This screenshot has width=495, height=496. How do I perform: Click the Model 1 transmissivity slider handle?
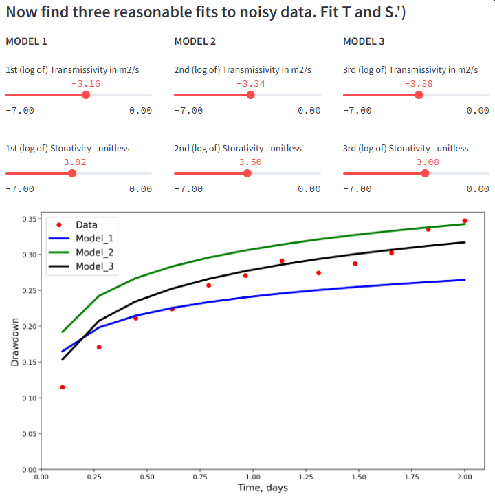coord(86,95)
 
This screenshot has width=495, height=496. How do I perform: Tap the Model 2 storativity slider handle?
coord(247,173)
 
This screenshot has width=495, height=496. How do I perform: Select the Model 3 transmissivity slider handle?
coord(419,95)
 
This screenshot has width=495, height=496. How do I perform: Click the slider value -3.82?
coord(72,162)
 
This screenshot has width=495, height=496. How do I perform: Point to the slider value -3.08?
coord(424,162)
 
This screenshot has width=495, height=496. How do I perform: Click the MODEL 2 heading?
coord(195,41)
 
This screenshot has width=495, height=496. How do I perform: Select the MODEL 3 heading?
coord(364,41)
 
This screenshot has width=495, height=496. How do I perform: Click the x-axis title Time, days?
coord(263,488)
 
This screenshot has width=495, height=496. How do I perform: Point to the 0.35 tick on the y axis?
coord(30,219)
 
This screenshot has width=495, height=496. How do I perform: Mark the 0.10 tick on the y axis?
coord(30,398)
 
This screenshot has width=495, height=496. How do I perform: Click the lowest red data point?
coord(63,387)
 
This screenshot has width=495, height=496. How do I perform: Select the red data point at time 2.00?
coord(465,221)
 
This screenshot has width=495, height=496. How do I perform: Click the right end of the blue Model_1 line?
coord(465,280)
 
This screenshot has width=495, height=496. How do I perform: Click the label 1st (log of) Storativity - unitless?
coord(67,148)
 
